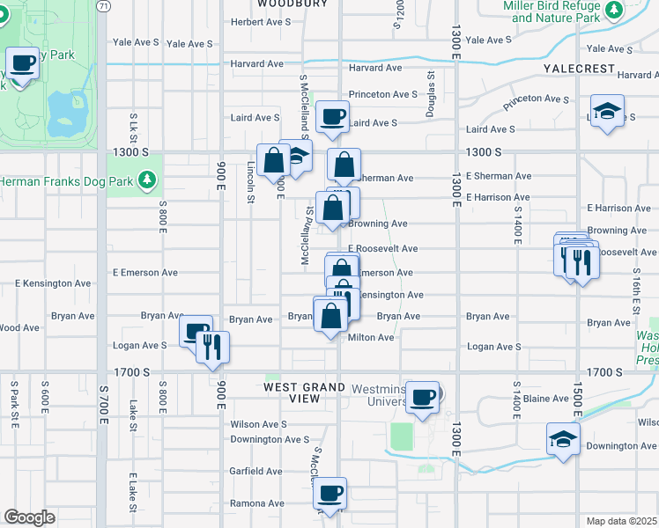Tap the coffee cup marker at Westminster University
click(423, 397)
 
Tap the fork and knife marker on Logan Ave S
click(213, 347)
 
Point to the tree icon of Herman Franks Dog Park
click(149, 180)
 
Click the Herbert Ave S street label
click(260, 21)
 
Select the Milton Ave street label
click(371, 337)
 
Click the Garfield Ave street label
click(256, 471)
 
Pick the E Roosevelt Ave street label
click(382, 249)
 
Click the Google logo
click(29, 517)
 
